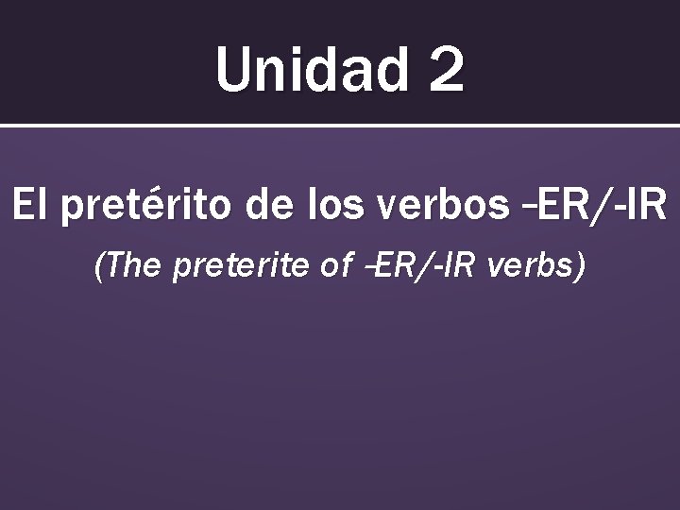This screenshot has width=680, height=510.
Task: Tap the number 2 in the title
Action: (445, 71)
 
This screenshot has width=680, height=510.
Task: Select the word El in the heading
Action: (29, 206)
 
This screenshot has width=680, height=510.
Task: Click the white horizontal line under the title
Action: (340, 125)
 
